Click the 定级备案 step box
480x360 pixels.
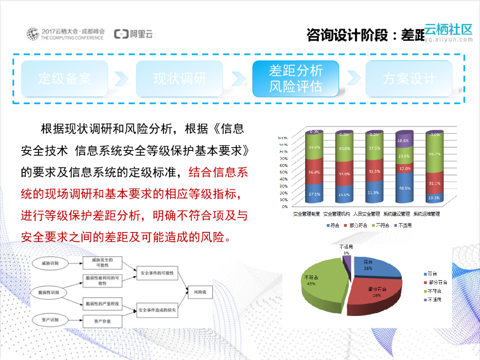[x=64, y=79]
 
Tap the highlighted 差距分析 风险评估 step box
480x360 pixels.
[x=295, y=79]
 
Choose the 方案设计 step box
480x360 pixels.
[x=409, y=79]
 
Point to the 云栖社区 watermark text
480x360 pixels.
[x=449, y=30]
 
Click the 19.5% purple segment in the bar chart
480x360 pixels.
[x=404, y=140]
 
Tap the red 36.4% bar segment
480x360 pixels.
[x=314, y=172]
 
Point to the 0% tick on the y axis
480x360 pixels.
[x=285, y=206]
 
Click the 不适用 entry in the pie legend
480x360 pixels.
[x=434, y=300]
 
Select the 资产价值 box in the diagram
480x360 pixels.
[x=102, y=321]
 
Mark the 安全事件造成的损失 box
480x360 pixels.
[x=157, y=309]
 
